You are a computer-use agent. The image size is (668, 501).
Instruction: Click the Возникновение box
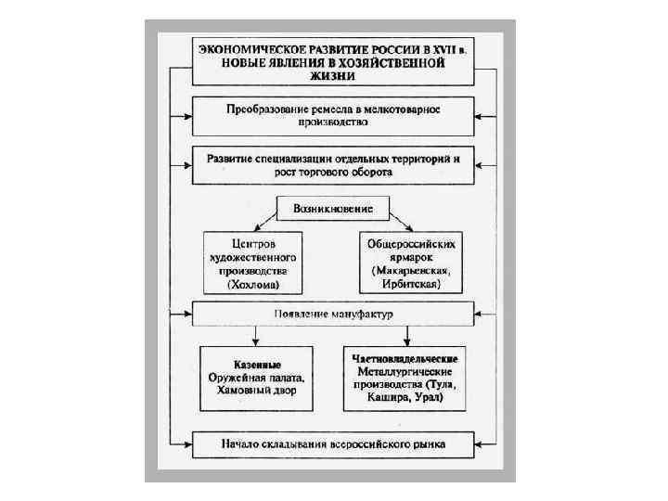(333, 209)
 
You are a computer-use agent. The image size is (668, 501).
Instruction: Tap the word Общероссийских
(411, 244)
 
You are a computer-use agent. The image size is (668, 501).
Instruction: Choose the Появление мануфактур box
(333, 314)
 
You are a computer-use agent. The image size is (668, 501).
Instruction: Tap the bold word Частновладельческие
(405, 357)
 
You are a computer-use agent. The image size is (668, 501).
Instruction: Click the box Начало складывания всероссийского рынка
(333, 444)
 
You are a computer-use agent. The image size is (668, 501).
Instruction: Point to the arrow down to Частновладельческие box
(404, 334)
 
